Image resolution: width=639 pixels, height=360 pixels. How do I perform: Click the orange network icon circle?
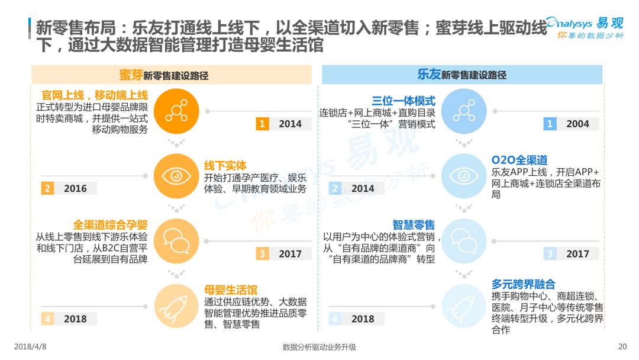coord(176,111)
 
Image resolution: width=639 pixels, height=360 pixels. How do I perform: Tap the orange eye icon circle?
coord(176,176)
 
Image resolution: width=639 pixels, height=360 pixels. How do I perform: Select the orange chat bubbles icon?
coord(176,241)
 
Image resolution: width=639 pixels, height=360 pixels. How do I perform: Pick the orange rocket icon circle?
coord(176,306)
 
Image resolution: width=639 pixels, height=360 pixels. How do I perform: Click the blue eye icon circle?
coord(464,176)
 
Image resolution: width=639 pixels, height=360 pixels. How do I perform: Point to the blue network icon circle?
coord(464,111)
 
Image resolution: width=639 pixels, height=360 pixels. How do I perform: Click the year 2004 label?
coord(577,124)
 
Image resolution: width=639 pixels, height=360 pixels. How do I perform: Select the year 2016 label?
coord(75,189)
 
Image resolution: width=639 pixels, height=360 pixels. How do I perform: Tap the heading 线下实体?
coord(225,166)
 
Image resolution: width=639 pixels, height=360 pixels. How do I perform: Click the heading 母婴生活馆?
coord(231,290)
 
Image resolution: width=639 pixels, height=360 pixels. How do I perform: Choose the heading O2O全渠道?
coord(519,160)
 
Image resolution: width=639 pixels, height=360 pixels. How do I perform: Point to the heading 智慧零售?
coord(414,224)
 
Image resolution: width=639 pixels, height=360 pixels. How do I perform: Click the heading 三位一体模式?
coord(404,101)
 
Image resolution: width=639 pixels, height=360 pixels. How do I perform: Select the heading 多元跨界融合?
coord(523,284)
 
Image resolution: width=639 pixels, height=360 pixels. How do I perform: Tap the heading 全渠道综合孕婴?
coord(111,224)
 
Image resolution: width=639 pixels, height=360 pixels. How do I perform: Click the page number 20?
coord(622,346)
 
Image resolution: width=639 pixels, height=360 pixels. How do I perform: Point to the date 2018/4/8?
coord(30,346)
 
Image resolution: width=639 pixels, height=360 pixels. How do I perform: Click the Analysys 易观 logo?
coord(585,28)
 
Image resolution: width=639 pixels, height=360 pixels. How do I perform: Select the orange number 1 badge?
coord(262,124)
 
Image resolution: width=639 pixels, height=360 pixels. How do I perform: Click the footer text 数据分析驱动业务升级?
coord(319,347)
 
